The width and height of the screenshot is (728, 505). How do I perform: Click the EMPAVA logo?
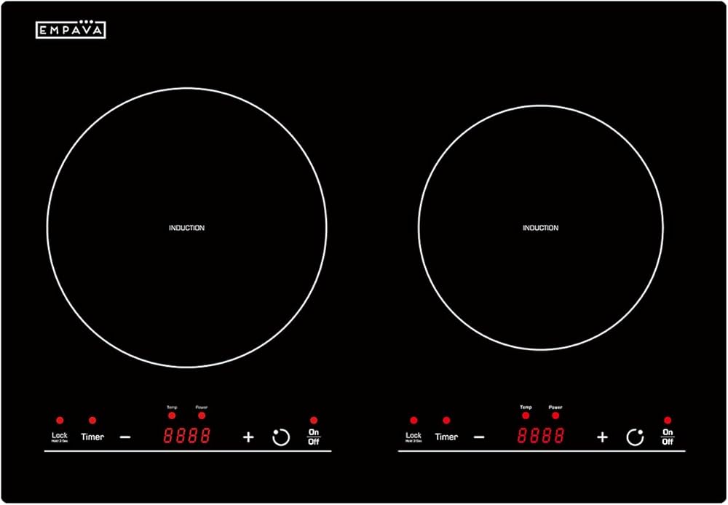click(x=71, y=29)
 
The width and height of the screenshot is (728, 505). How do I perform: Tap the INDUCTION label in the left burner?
click(x=186, y=228)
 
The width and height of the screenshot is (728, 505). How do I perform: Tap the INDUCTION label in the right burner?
click(x=540, y=228)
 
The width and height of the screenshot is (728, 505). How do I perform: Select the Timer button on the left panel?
click(x=92, y=437)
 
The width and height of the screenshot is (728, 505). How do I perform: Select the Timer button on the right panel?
click(x=446, y=437)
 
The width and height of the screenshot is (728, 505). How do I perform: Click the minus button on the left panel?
click(x=125, y=437)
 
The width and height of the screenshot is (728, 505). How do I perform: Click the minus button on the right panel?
click(x=479, y=437)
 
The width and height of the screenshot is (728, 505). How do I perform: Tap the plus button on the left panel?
click(x=248, y=437)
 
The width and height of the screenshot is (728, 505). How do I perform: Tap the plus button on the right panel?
click(x=602, y=437)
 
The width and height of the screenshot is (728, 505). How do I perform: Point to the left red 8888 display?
click(x=187, y=437)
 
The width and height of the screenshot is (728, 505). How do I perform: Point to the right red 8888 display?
click(x=541, y=437)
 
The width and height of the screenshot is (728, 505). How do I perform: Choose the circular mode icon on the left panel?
click(x=281, y=437)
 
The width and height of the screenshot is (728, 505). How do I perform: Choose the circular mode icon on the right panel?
click(x=635, y=437)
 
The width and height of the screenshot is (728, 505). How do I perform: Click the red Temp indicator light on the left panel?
click(x=172, y=415)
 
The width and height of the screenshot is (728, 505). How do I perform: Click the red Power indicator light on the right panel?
click(x=555, y=415)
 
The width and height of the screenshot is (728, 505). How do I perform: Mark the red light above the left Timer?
click(x=92, y=421)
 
